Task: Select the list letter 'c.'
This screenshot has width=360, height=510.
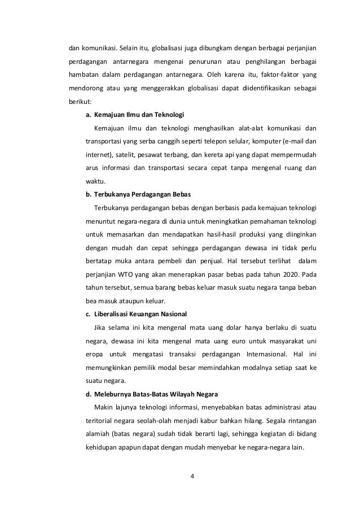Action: coord(88,313)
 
